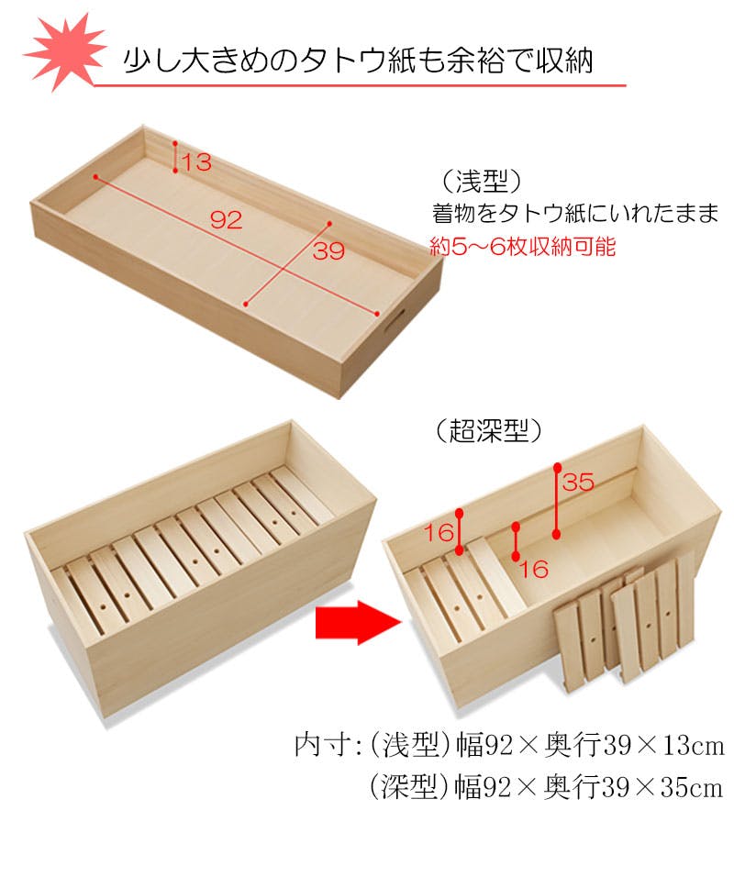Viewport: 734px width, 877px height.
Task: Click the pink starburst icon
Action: pos(62,51)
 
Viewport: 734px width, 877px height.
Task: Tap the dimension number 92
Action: pos(225,220)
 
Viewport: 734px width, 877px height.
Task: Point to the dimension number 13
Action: pos(196,163)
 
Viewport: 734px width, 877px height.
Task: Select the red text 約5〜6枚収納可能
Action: pos(524,247)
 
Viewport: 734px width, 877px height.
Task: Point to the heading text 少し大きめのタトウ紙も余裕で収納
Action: pos(358,61)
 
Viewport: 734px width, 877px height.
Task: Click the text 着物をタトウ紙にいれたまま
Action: pos(574,214)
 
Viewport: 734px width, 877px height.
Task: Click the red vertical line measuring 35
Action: pos(557,500)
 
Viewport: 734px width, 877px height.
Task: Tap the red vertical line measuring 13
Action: pos(175,157)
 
